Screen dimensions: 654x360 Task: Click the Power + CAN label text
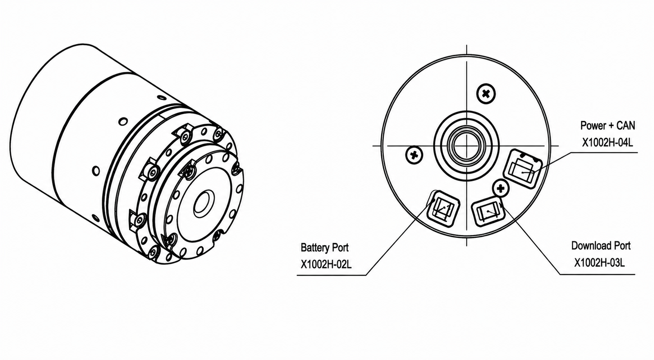click(607, 125)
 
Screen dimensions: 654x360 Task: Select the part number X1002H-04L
click(607, 143)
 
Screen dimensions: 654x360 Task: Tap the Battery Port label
click(325, 248)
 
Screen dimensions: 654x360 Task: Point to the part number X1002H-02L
click(326, 264)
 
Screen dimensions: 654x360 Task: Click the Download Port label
click(601, 246)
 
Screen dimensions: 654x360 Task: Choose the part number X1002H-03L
click(600, 263)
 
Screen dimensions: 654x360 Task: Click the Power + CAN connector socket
click(523, 169)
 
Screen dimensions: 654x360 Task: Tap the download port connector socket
click(488, 212)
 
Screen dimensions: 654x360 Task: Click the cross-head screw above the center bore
click(486, 94)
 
